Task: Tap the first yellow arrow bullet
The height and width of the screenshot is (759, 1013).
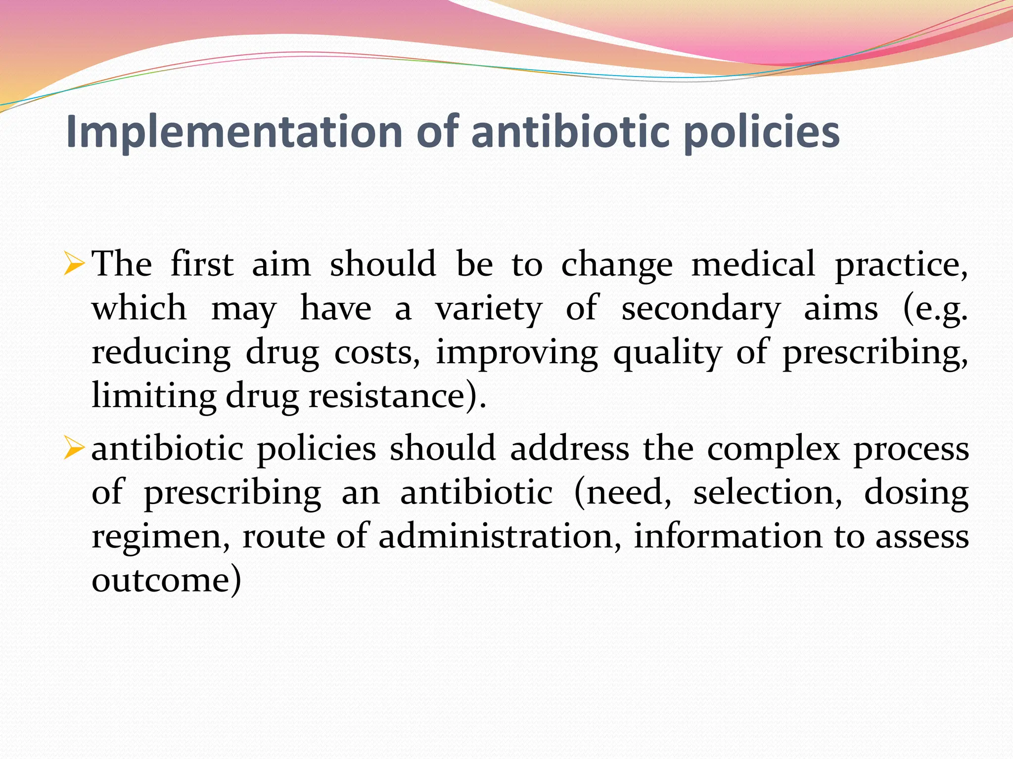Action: [74, 264]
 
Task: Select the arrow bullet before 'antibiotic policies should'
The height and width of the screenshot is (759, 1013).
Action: [74, 449]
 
